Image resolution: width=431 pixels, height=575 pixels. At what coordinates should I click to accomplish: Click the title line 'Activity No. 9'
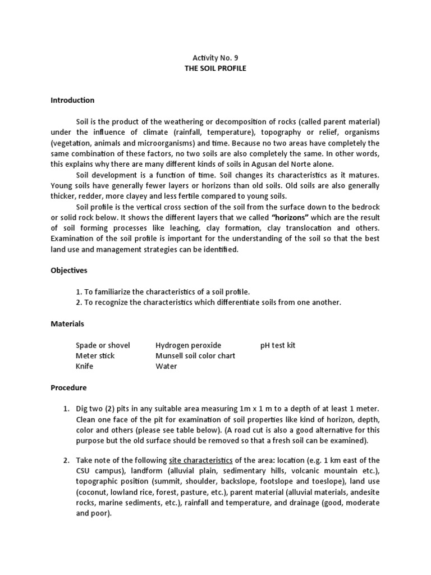click(x=215, y=57)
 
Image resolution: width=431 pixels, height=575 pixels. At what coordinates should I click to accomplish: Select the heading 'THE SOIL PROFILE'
click(x=215, y=68)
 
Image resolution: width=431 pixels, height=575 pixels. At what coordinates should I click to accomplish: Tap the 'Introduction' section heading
click(x=72, y=100)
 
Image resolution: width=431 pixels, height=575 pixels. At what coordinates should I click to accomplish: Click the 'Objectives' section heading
click(x=69, y=270)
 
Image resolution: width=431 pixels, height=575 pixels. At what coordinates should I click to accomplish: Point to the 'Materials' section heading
click(x=67, y=323)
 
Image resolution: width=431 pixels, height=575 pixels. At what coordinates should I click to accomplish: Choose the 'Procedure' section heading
click(x=69, y=387)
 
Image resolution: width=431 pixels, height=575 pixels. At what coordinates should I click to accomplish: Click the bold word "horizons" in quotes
click(x=290, y=217)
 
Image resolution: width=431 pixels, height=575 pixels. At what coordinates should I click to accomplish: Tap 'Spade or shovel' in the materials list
click(x=103, y=345)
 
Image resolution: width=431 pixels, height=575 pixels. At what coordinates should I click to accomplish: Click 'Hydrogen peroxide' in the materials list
click(x=189, y=345)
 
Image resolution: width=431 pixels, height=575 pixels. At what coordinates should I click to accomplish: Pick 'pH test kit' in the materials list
click(x=278, y=345)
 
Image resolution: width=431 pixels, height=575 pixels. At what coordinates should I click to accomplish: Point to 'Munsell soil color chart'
click(x=195, y=355)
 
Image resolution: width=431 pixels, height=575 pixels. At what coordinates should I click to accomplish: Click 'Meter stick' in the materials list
click(x=95, y=355)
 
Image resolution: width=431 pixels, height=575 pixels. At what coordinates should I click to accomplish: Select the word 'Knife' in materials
click(x=85, y=366)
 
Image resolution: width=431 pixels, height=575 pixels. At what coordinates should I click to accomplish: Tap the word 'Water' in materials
click(x=166, y=366)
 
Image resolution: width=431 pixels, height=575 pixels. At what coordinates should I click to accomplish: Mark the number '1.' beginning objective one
click(x=79, y=291)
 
